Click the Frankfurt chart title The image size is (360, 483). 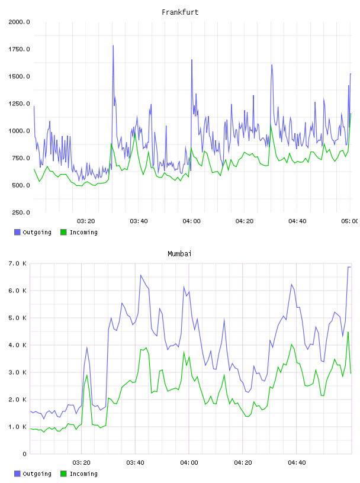[180, 12]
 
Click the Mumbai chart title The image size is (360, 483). [179, 254]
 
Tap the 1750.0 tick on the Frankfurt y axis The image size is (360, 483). [19, 49]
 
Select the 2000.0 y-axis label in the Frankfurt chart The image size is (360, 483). [19, 22]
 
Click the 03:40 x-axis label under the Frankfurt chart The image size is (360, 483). [139, 221]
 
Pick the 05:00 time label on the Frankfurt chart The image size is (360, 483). [350, 221]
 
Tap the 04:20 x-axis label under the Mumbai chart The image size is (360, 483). [243, 463]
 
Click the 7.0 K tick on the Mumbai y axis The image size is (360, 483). [17, 263]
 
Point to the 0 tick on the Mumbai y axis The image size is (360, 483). [25, 454]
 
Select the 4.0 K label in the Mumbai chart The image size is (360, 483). [17, 345]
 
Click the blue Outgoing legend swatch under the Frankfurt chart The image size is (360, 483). [17, 232]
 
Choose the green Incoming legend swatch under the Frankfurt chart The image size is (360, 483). [63, 232]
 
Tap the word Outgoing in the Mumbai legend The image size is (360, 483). [37, 474]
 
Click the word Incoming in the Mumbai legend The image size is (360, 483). [83, 474]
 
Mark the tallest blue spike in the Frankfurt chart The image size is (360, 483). [113, 46]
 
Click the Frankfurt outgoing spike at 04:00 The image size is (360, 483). [192, 60]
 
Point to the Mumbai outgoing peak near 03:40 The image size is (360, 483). [141, 275]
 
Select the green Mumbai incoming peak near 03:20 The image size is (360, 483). [87, 375]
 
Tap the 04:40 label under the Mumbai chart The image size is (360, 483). [297, 463]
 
